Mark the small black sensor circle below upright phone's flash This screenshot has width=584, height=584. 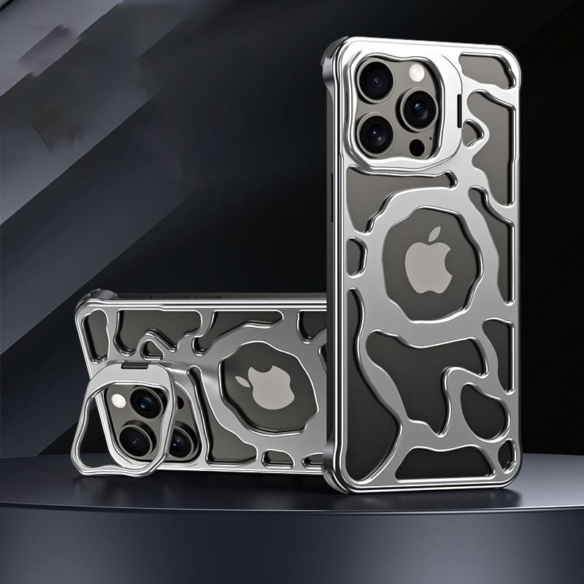point(416,147)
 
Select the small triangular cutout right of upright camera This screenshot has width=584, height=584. point(474,131)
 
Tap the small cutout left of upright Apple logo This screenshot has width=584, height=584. point(355,255)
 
